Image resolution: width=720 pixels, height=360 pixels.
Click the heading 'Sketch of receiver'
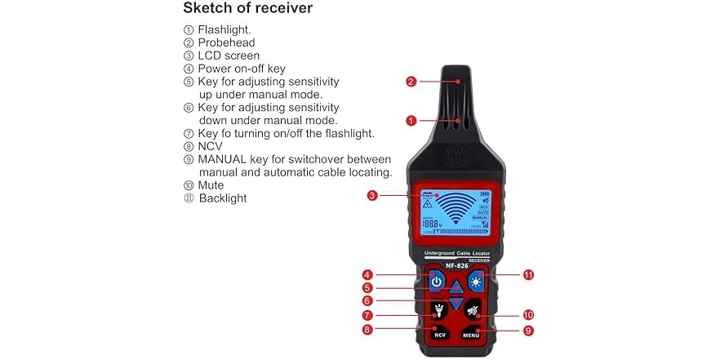(247, 9)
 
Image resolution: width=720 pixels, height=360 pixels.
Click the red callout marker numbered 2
(411, 82)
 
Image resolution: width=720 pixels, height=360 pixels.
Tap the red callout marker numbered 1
(411, 120)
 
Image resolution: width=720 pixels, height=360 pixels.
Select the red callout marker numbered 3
(372, 196)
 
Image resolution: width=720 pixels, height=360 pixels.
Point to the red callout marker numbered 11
(528, 275)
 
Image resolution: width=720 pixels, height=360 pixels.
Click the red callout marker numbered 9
(528, 331)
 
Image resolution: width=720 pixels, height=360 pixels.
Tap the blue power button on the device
(437, 282)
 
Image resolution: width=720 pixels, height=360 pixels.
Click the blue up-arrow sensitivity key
(456, 287)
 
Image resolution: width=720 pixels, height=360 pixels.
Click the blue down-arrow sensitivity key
(456, 303)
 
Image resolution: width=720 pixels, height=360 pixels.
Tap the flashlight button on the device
(437, 310)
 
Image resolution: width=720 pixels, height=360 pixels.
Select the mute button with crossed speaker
(473, 310)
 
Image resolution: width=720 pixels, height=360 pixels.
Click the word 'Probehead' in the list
(226, 42)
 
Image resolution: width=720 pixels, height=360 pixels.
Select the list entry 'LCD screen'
(229, 56)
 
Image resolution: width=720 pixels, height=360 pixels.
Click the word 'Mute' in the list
(211, 185)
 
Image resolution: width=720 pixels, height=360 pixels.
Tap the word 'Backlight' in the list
(222, 198)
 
